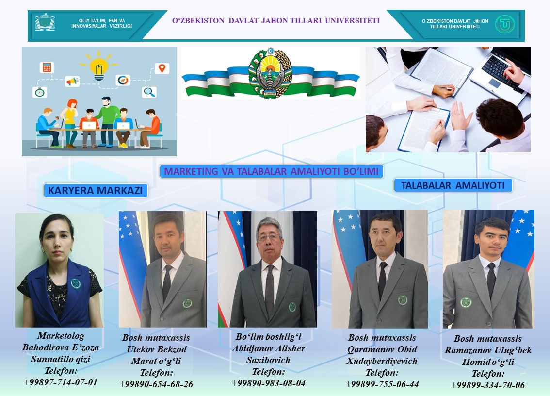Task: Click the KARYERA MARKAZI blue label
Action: [96, 190]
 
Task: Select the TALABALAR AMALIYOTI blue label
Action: [453, 185]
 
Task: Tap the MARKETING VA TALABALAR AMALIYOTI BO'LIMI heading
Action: [272, 171]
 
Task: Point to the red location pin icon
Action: [162, 68]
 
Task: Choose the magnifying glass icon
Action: [149, 92]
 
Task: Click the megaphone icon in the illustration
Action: [72, 82]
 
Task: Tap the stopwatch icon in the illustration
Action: [40, 92]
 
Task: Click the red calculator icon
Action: [47, 67]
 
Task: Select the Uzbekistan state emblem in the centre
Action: [270, 73]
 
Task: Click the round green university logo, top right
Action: [505, 24]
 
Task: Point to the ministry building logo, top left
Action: [45, 23]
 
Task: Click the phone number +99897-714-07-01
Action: [61, 382]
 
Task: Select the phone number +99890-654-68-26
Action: [156, 384]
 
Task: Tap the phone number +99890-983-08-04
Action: [269, 383]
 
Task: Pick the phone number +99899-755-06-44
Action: [382, 384]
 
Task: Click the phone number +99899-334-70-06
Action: [488, 385]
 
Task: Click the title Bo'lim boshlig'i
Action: [269, 337]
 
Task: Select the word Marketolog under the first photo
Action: [61, 336]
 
